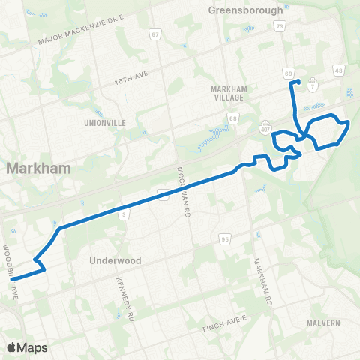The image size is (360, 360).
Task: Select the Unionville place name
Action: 106,121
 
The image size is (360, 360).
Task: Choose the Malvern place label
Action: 323,322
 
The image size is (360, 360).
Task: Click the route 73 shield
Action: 279,25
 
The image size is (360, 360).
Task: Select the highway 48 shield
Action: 339,70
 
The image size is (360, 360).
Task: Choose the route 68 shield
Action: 233,118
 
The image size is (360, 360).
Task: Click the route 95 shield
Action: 225,239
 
